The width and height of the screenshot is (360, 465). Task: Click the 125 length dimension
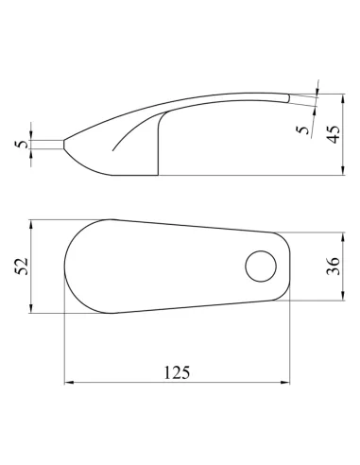click(177, 372)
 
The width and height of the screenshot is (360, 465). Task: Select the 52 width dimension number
click(23, 267)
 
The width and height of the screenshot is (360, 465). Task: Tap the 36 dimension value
click(333, 267)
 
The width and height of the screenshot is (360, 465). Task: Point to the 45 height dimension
click(333, 134)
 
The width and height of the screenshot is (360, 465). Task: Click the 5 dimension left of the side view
click(22, 145)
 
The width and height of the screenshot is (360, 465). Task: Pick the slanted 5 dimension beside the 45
click(303, 129)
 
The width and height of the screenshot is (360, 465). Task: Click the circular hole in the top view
click(261, 267)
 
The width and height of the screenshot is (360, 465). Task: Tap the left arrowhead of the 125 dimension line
click(69, 383)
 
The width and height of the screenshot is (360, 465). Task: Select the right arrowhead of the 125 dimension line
click(285, 383)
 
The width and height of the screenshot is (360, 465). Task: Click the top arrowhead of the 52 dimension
click(31, 224)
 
